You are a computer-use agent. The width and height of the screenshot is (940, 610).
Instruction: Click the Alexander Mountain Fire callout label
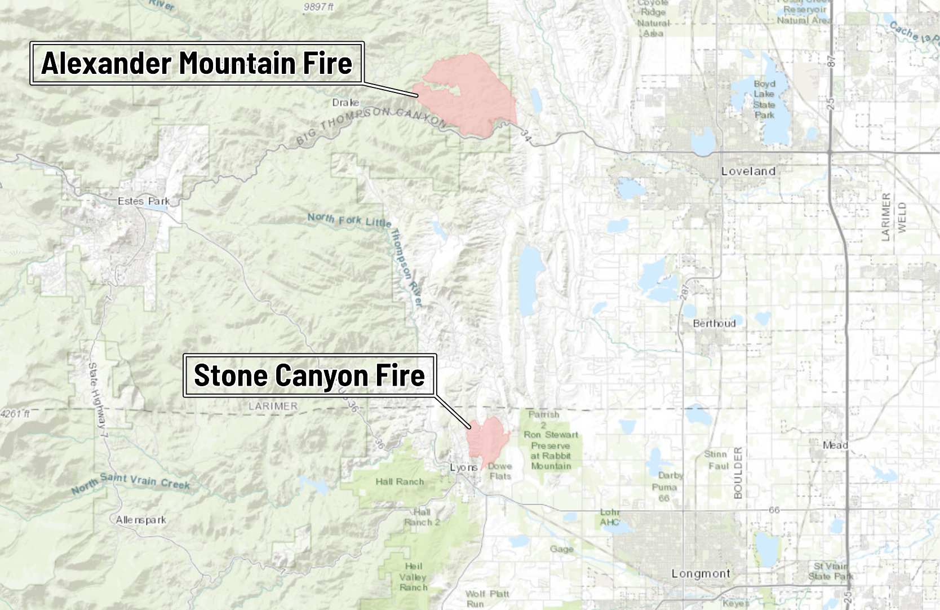pyautogui.click(x=197, y=63)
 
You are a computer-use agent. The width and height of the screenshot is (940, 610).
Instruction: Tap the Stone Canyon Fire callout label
pyautogui.click(x=309, y=375)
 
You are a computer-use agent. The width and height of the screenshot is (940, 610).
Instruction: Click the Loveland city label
pyautogui.click(x=748, y=171)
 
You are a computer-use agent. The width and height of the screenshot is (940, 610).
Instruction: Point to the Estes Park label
pyautogui.click(x=144, y=201)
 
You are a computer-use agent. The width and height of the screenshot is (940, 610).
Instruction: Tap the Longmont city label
pyautogui.click(x=700, y=573)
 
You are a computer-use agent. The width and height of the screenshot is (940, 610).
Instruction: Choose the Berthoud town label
pyautogui.click(x=714, y=324)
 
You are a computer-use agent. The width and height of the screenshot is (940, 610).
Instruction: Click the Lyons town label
pyautogui.click(x=463, y=467)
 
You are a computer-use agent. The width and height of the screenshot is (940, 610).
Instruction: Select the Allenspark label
pyautogui.click(x=141, y=520)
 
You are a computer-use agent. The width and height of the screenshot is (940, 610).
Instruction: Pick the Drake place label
pyautogui.click(x=345, y=103)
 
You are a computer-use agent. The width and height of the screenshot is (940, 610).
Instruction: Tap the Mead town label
pyautogui.click(x=835, y=445)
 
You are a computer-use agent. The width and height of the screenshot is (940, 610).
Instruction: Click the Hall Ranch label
pyautogui.click(x=400, y=481)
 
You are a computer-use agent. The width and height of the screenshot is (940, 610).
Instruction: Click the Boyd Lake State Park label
pyautogui.click(x=764, y=99)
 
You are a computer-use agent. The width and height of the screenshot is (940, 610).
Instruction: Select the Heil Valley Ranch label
pyautogui.click(x=413, y=577)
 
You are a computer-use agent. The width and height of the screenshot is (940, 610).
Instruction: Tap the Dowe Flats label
pyautogui.click(x=500, y=471)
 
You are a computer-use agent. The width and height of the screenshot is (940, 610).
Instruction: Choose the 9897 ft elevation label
pyautogui.click(x=318, y=7)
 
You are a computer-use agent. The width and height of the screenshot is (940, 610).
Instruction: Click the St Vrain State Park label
pyautogui.click(x=831, y=571)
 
